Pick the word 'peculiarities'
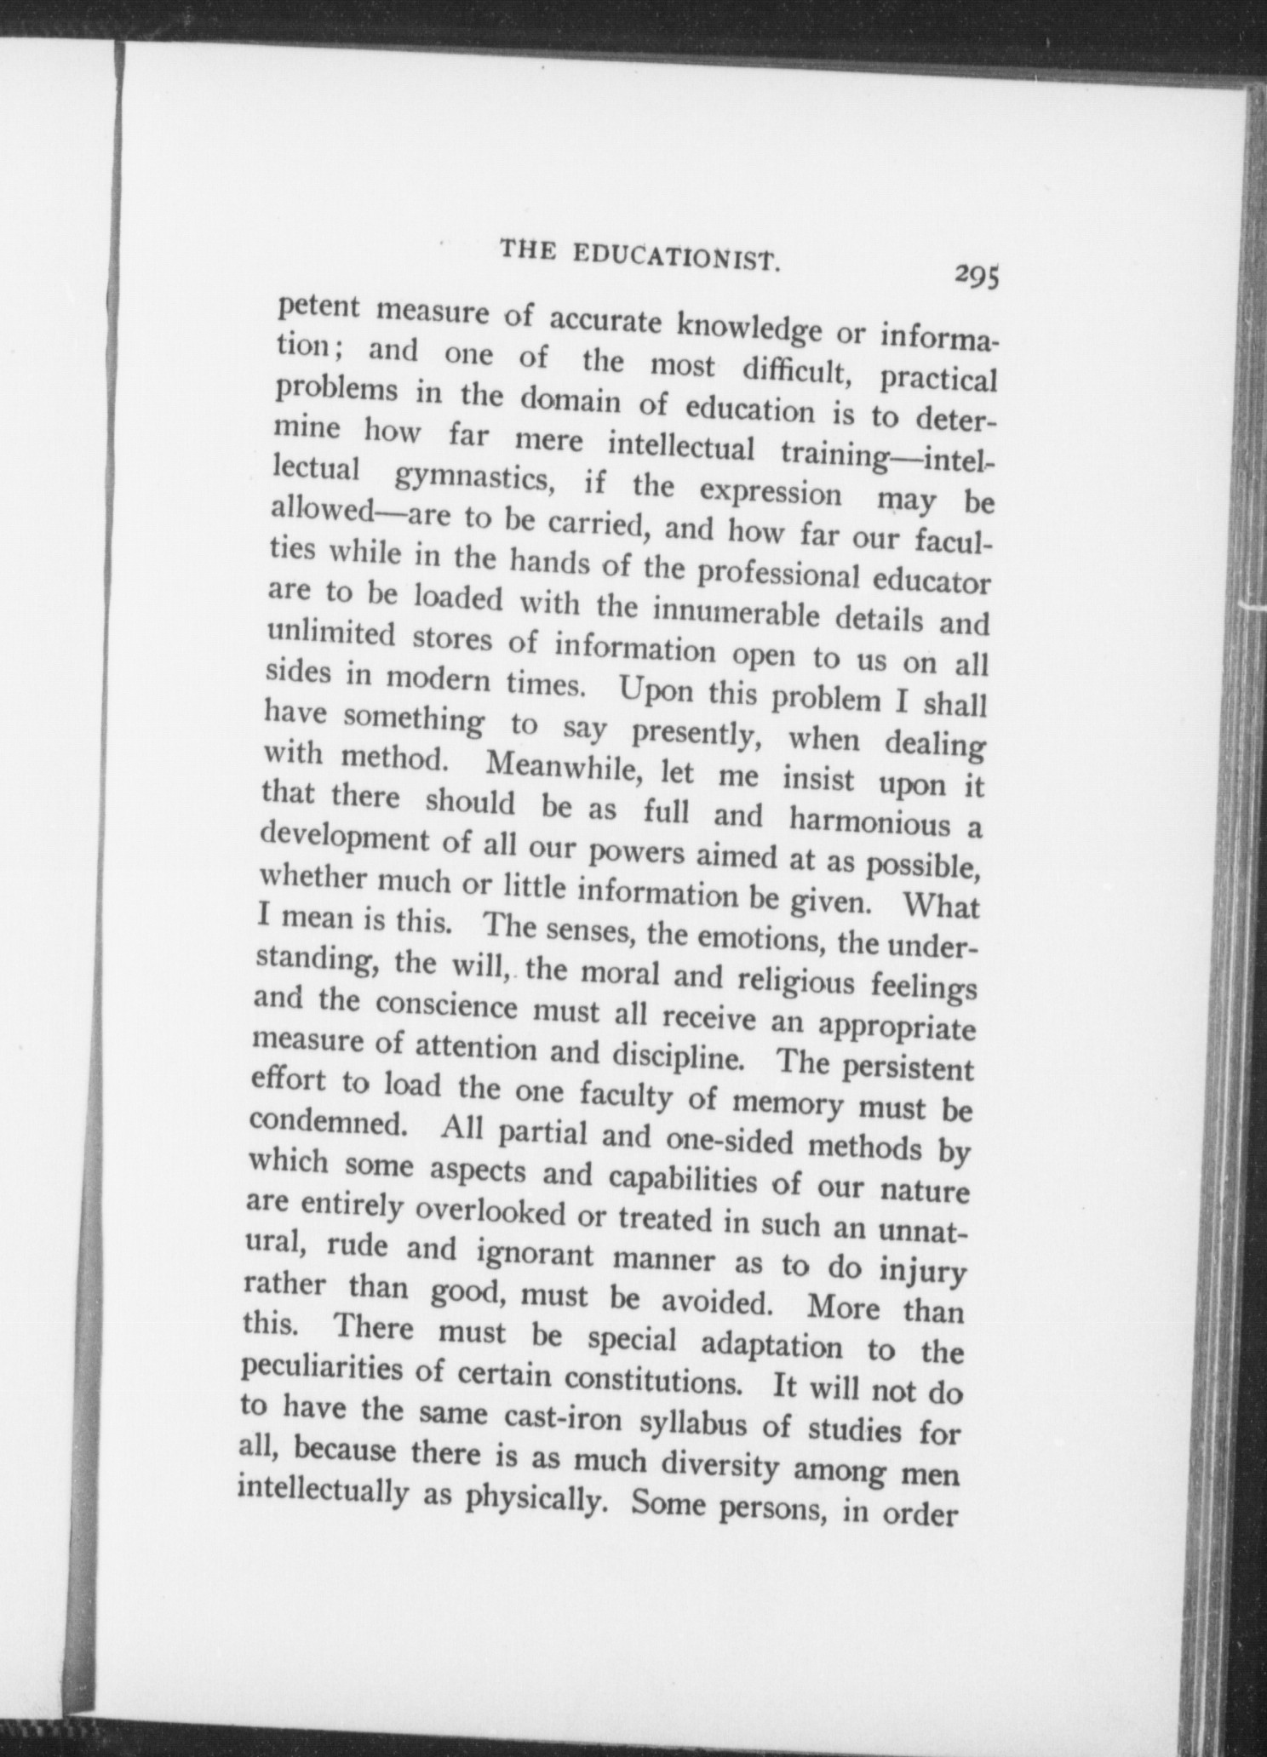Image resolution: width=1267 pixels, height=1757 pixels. point(337,1371)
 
